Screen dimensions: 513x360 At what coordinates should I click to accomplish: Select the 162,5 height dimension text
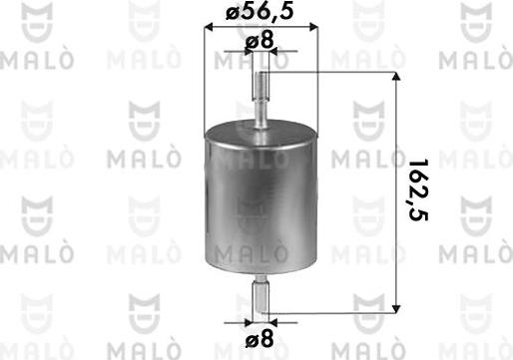(418, 190)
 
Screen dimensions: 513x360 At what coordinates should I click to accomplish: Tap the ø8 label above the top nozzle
(259, 42)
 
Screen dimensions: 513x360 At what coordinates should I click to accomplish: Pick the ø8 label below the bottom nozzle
(259, 339)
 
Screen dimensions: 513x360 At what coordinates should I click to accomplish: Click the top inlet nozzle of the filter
(260, 99)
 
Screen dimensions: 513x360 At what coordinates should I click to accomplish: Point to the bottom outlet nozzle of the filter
(260, 294)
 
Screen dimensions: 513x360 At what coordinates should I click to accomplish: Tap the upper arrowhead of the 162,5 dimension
(395, 76)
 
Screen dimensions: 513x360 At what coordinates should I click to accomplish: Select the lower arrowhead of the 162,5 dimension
(395, 308)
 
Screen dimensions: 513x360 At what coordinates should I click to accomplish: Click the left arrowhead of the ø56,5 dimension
(209, 28)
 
